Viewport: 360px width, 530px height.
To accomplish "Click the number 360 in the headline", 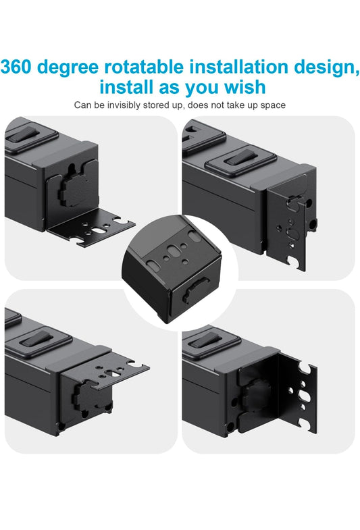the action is coord(16,67).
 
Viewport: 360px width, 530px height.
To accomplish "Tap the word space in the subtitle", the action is coord(273,106).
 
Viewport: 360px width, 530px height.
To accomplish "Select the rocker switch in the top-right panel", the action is coord(240,157).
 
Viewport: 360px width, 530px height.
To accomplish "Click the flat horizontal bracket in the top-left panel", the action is coord(91,230).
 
